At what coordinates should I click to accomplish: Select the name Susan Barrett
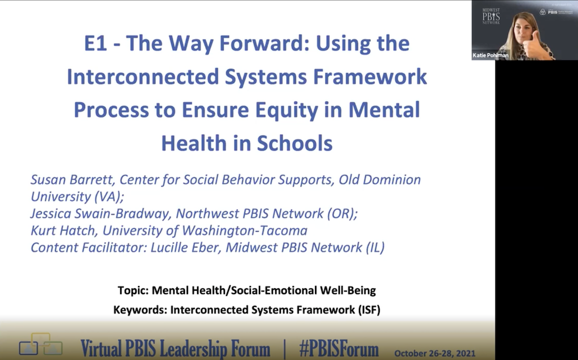point(69,179)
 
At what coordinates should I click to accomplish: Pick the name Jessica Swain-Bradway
point(100,213)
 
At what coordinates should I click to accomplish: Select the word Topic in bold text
point(132,290)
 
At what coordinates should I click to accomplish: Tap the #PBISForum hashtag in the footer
point(339,349)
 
